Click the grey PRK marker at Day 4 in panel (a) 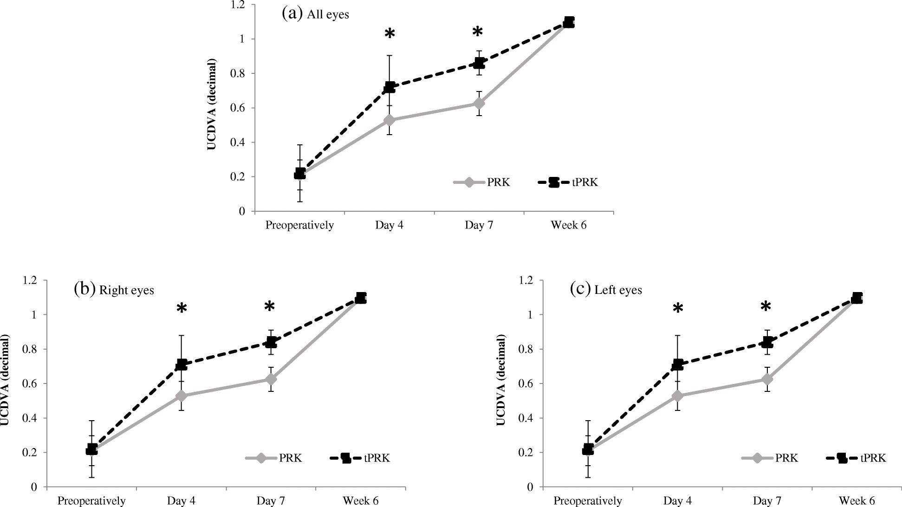389,120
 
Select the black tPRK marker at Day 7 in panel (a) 479,63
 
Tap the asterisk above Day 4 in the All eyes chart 389,34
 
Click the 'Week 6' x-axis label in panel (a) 569,225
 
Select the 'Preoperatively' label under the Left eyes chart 588,501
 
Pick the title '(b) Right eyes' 114,290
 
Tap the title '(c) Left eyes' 606,290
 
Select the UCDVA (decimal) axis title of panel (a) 212,104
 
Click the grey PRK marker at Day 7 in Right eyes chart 271,379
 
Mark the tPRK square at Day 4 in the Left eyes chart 678,364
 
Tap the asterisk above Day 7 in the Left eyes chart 766,306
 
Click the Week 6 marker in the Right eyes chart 361,298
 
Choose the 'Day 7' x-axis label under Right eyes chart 271,501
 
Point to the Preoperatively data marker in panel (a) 300,174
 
